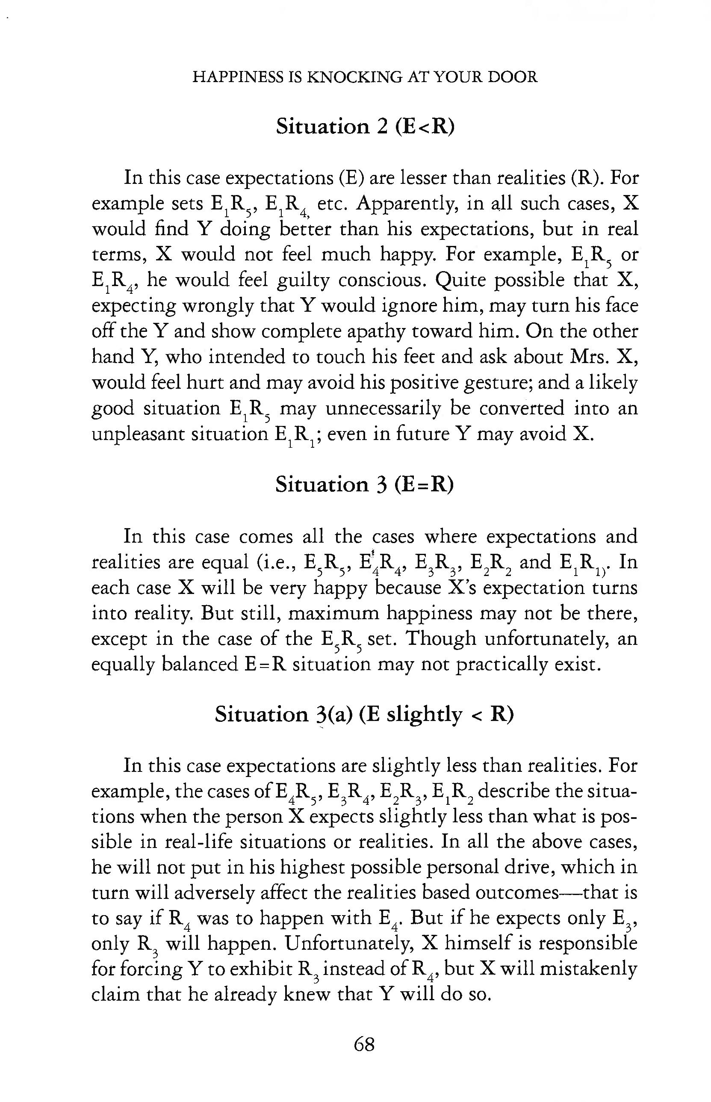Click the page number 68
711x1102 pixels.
click(x=364, y=1044)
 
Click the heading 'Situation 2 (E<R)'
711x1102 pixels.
click(x=365, y=126)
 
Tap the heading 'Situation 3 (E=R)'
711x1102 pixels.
click(x=364, y=484)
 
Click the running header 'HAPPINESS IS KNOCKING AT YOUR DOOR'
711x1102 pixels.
click(x=365, y=77)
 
